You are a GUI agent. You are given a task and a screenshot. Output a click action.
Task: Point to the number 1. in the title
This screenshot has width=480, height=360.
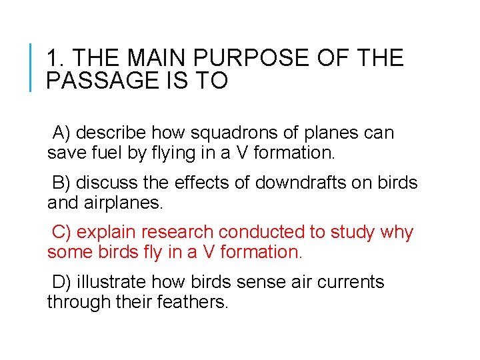tap(55, 58)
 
